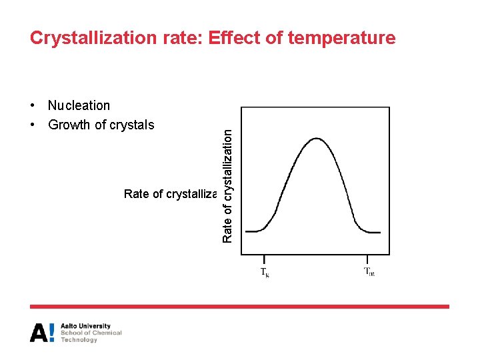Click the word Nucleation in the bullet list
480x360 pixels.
[x=79, y=105]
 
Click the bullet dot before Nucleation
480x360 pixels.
[x=33, y=106]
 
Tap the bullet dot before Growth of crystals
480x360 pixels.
[x=33, y=125]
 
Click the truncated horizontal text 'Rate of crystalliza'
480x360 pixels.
[x=171, y=194]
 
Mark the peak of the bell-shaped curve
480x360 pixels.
[x=317, y=139]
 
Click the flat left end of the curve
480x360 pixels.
[x=254, y=231]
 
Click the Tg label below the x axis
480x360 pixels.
[x=264, y=273]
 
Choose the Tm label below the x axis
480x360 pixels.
[x=369, y=272]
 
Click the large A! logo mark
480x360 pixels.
[x=42, y=333]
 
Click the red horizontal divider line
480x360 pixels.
[x=239, y=307]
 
